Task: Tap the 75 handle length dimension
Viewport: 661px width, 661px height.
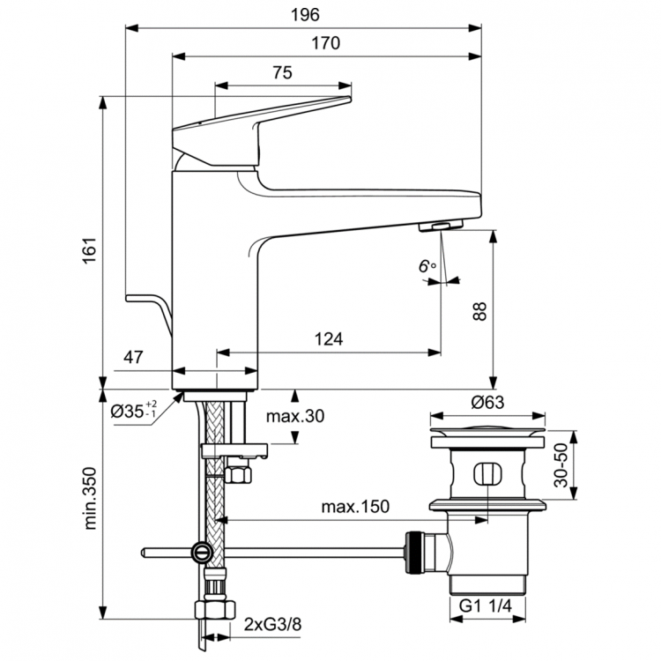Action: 282,74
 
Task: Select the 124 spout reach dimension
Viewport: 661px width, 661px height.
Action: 328,338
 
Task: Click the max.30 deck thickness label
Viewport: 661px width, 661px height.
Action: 295,416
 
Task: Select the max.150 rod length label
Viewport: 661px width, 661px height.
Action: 354,508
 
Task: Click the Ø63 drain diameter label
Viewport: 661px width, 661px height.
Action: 486,402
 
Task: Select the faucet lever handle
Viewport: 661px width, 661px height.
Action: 264,128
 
